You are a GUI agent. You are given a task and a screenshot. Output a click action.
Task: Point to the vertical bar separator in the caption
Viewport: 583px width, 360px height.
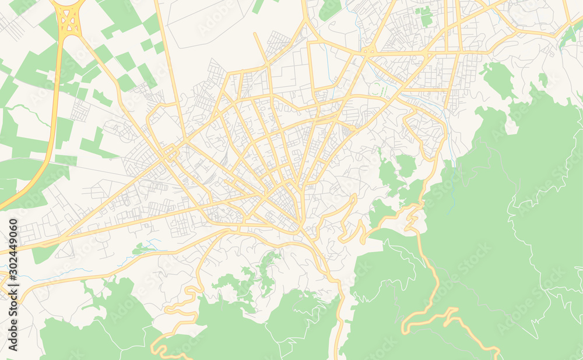pyautogui.click(x=13, y=271)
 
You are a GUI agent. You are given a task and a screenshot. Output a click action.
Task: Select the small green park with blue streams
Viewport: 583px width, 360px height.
pyautogui.click(x=143, y=249)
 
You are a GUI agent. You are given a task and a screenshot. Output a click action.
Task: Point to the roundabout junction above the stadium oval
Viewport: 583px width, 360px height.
pyautogui.click(x=368, y=52)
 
